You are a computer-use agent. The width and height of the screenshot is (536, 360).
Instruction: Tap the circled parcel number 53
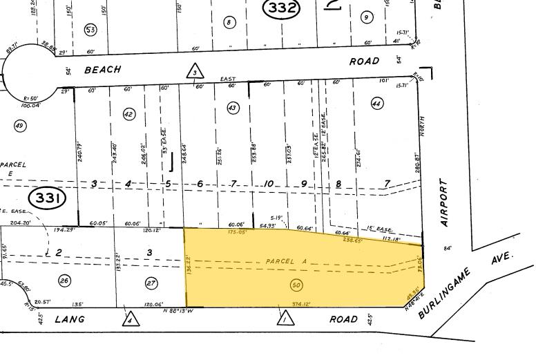(90, 29)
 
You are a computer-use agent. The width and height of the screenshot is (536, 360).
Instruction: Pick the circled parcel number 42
(128, 114)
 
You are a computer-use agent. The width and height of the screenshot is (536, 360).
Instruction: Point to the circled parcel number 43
(232, 108)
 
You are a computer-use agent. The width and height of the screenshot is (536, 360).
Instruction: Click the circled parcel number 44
(376, 104)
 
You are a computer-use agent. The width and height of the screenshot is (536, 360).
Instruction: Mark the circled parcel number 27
(151, 282)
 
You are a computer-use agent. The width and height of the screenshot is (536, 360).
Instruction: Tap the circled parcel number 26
(65, 281)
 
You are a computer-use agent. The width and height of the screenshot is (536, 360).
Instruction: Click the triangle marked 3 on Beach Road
(195, 71)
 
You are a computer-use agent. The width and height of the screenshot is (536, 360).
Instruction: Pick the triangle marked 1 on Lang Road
(283, 318)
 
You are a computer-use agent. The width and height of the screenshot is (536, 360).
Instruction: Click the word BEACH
(102, 70)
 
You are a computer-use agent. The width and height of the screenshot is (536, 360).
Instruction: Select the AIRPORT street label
(444, 203)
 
